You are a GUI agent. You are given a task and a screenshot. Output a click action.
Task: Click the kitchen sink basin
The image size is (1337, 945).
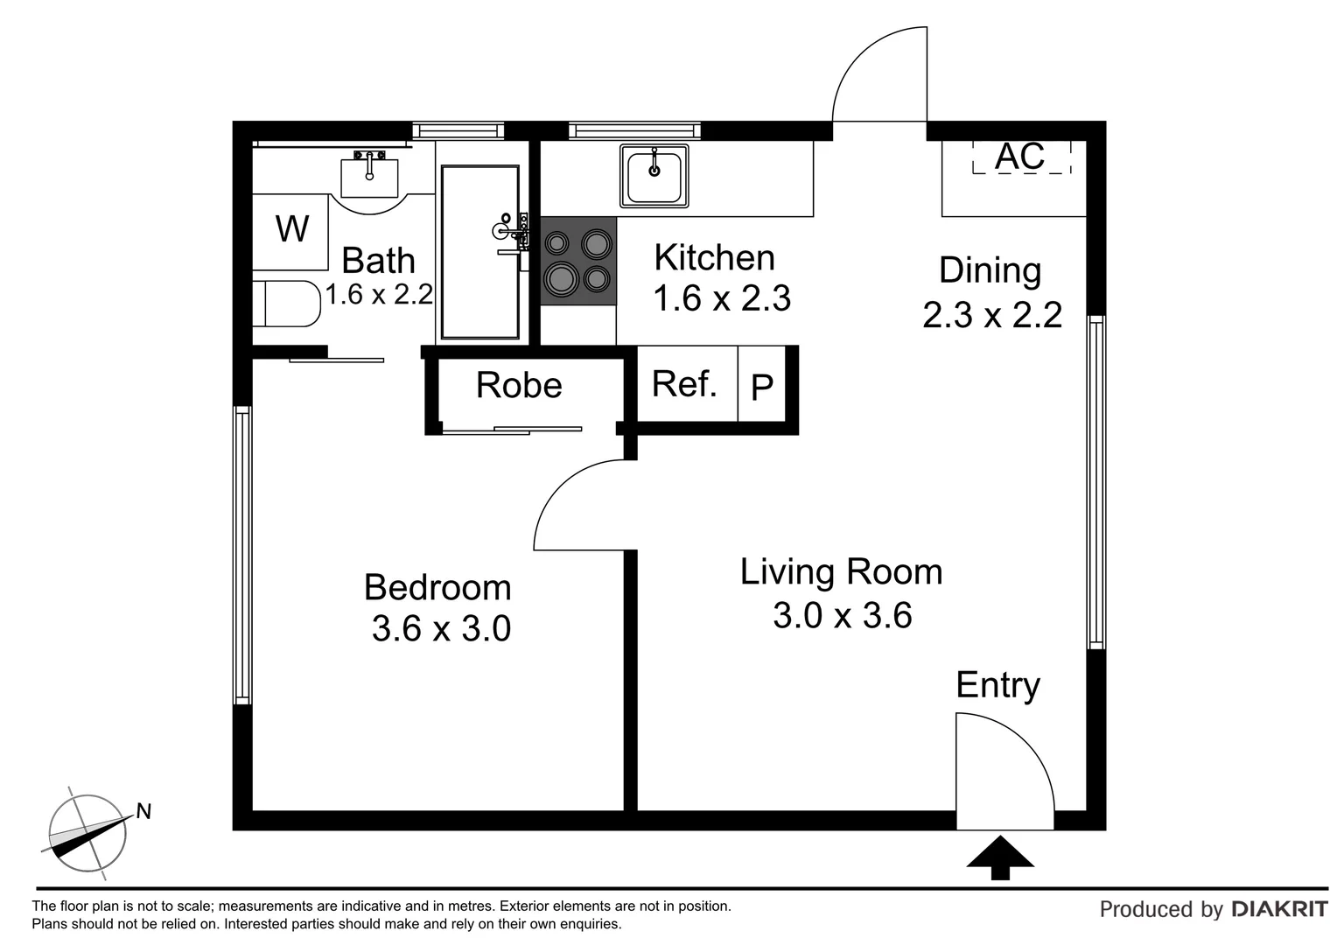(654, 176)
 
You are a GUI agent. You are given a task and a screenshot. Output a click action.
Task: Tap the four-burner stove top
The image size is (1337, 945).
(578, 261)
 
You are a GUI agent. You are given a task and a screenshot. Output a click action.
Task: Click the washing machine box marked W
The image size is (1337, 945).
(290, 230)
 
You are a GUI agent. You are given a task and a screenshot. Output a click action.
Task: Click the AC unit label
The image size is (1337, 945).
(1020, 157)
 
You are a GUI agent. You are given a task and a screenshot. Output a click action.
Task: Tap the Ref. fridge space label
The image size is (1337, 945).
(684, 384)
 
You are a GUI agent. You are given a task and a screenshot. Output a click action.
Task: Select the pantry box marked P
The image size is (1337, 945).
(763, 386)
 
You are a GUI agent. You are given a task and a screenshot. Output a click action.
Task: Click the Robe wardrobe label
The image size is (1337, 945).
(519, 385)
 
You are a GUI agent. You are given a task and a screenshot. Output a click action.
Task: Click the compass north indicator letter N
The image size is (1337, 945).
(144, 812)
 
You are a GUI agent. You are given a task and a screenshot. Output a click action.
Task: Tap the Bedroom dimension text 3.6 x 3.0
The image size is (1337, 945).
(441, 629)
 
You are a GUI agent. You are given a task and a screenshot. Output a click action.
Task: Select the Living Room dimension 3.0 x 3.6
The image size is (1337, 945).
(842, 616)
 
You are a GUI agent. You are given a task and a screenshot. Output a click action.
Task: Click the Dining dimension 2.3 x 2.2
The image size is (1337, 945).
(992, 315)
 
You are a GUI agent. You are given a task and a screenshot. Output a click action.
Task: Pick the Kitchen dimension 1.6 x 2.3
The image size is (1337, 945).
(722, 299)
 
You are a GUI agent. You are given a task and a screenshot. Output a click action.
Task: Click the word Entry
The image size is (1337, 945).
(997, 685)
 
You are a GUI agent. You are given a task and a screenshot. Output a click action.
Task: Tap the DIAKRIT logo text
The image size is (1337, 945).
(1279, 909)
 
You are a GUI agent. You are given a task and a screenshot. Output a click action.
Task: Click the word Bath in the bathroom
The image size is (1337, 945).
(378, 261)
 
